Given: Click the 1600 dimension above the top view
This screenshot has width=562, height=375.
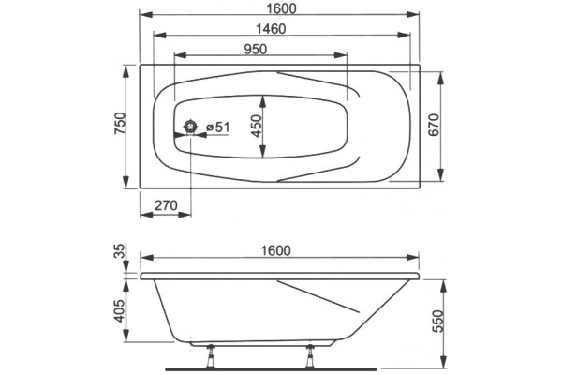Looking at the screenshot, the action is coord(281,7).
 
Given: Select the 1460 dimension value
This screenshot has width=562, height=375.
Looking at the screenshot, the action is coord(271,29).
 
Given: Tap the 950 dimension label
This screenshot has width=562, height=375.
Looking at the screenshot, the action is coord(255,49).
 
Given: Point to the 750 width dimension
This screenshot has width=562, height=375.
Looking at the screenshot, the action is coord(120,124).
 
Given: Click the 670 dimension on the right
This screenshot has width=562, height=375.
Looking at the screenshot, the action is coord(434,125).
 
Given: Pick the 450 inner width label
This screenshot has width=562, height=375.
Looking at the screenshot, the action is coord(256,126).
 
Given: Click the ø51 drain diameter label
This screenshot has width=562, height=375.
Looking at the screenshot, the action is coord(218,127).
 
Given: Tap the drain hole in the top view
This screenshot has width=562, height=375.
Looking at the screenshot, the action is coord(190,127).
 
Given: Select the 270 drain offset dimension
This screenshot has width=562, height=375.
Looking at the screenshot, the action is coord(166,205).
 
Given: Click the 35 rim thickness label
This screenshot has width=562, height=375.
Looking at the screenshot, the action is coord(121,251).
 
